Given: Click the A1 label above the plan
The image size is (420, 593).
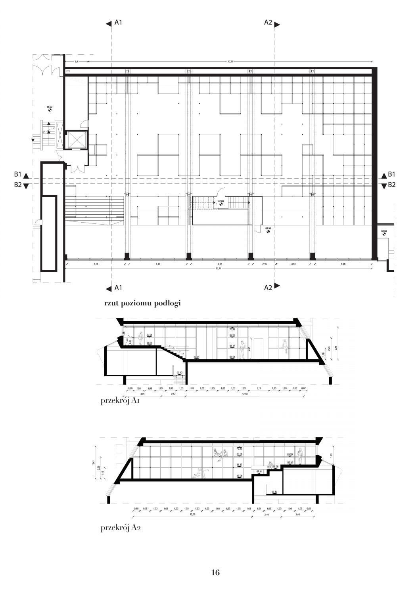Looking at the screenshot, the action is (118, 23).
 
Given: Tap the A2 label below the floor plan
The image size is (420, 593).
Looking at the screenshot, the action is (268, 288).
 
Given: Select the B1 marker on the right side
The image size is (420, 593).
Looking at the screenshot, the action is (391, 174).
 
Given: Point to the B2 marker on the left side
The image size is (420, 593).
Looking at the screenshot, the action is (17, 185).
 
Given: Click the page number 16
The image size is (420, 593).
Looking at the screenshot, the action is (215, 572).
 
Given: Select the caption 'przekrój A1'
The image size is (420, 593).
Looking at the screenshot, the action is (121, 400).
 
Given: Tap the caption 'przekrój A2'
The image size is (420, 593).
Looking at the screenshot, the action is (121, 527).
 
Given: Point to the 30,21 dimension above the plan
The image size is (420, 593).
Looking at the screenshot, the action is (230, 61).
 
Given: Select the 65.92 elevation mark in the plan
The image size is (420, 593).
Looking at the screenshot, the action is (50, 107).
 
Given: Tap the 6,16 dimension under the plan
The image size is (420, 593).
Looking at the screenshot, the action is (95, 263).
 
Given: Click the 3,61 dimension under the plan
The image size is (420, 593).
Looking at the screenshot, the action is (293, 263).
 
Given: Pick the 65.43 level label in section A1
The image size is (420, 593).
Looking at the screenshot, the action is (179, 372).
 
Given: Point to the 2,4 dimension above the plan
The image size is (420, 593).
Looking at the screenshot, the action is (76, 61).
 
